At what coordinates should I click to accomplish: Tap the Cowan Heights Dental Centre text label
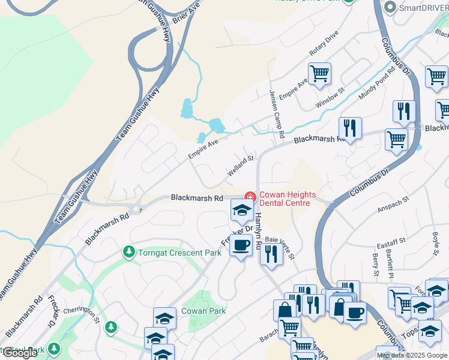(x=283, y=199)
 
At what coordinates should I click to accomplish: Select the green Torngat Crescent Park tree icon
(x=128, y=252)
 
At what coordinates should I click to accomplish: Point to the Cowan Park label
(x=205, y=311)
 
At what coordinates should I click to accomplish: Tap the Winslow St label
(x=330, y=99)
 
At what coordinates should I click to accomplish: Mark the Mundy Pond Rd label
(x=377, y=83)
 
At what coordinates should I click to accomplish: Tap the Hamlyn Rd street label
(x=258, y=228)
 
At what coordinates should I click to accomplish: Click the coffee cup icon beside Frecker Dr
(x=241, y=245)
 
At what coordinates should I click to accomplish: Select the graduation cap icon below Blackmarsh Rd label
(x=241, y=210)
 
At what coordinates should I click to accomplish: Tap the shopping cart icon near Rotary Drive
(x=320, y=74)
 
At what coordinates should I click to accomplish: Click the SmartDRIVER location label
(x=421, y=7)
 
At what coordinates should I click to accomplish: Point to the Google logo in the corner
(x=20, y=353)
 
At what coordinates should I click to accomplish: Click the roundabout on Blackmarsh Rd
(x=137, y=209)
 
